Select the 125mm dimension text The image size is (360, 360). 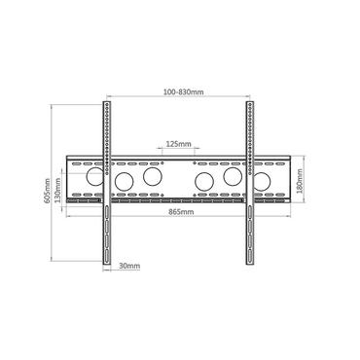point(178,143)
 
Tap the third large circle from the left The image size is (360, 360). point(152,178)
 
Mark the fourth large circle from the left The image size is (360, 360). point(204,183)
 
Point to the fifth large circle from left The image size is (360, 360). point(233,178)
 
